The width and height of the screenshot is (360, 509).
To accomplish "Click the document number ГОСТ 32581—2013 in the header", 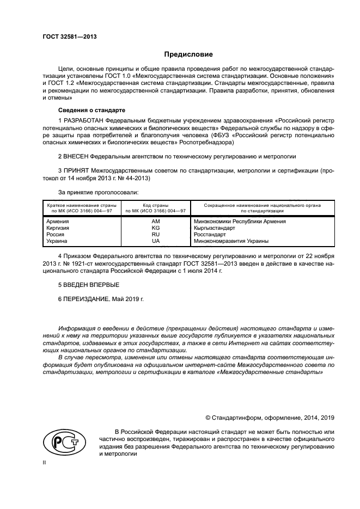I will tap(65, 38).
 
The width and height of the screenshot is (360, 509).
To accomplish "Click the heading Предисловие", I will tap(188, 54).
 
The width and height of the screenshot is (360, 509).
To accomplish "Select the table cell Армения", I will tap(58, 222).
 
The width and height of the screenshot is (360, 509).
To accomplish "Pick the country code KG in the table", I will tap(156, 228).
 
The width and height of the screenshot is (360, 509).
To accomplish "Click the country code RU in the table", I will tap(156, 234).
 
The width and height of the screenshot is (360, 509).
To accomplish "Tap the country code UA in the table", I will tap(156, 241).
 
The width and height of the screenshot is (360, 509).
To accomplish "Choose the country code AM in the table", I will tap(156, 222).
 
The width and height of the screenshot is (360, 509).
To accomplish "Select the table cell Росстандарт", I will tap(210, 234).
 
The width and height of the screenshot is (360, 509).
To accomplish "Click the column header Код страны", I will tap(156, 205).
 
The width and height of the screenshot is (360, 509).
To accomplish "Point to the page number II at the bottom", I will tap(44, 462).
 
